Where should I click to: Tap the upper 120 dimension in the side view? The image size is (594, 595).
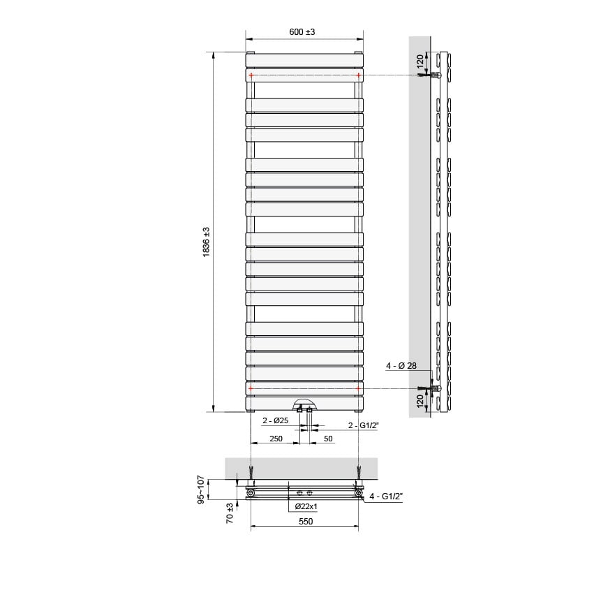420,61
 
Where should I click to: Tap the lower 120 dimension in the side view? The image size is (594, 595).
420,401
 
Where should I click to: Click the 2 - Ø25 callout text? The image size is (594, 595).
276,421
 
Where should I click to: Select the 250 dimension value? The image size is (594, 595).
276,439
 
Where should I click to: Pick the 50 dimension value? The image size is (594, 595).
328,439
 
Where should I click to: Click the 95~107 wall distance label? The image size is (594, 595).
201,490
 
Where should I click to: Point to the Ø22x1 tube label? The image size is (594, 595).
306,506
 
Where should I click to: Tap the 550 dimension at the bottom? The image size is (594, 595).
305,521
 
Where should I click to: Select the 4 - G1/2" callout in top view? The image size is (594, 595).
388,496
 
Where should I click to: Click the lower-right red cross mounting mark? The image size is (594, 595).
358,388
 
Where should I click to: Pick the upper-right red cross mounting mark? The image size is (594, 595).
358,75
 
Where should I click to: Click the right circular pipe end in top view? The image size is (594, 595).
359,494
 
